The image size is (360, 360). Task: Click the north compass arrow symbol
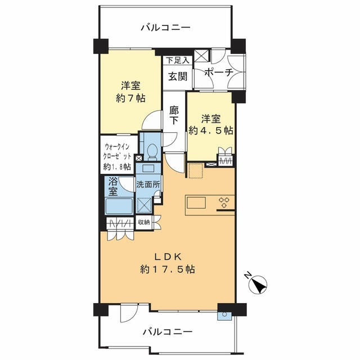[258, 285]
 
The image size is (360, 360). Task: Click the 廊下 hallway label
[174, 115]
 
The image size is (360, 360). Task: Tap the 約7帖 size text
[130, 98]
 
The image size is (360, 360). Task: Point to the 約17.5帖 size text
[167, 269]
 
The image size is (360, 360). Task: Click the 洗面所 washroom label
[148, 185]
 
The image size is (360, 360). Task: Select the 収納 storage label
[143, 222]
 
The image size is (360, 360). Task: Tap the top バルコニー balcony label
[165, 27]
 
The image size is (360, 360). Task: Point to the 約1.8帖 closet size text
[117, 166]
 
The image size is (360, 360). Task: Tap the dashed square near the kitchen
[195, 170]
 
